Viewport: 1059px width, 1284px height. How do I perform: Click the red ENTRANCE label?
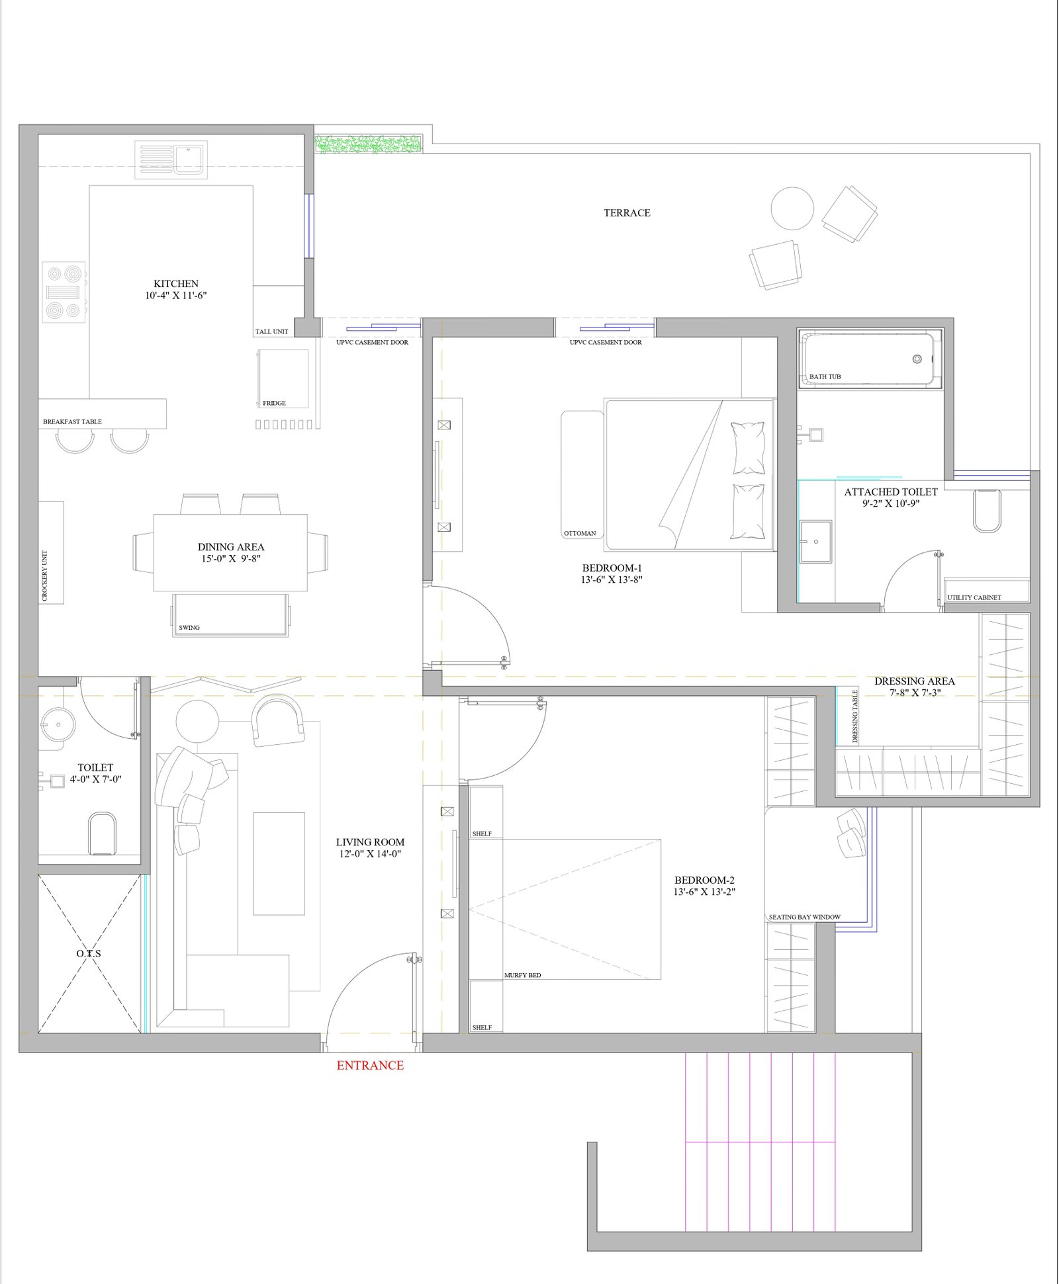click(370, 1065)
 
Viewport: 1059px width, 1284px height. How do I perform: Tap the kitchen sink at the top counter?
click(171, 159)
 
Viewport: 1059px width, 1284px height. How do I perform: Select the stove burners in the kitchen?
click(64, 292)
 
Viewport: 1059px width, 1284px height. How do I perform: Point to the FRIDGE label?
click(274, 403)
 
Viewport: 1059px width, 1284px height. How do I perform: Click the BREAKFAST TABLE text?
click(72, 421)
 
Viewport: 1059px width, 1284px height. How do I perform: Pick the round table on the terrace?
click(792, 208)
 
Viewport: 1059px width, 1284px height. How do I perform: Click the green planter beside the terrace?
click(369, 144)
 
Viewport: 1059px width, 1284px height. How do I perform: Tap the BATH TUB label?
click(825, 376)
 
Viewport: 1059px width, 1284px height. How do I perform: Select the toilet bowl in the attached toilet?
click(987, 511)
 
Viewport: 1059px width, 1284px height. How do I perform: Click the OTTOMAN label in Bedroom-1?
click(580, 533)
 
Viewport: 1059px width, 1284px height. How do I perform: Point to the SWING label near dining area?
click(189, 627)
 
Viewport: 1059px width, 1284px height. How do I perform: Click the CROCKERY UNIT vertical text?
click(45, 576)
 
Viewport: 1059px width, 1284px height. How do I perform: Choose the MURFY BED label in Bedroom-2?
click(522, 975)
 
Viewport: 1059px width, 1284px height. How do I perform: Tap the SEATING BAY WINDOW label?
click(804, 917)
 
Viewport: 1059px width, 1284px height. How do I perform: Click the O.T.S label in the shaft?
click(89, 953)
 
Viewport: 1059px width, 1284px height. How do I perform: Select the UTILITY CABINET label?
click(974, 597)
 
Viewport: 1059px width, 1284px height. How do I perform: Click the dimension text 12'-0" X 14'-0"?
click(370, 854)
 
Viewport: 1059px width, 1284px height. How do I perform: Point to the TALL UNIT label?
click(271, 331)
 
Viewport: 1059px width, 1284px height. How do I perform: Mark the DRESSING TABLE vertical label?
click(854, 716)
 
